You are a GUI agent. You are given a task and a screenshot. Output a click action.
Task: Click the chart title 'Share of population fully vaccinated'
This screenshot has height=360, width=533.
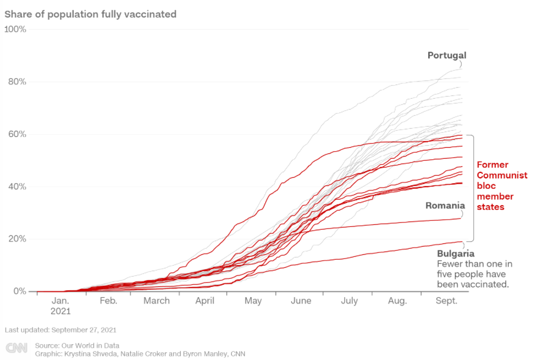[x=91, y=14]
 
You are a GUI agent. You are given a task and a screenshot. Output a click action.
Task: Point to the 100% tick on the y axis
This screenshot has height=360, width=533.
[x=15, y=29]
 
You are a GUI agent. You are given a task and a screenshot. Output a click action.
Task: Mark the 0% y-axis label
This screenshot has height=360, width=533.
[x=19, y=291]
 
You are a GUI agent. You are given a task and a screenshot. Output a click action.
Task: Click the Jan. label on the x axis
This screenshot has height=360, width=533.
[x=60, y=301]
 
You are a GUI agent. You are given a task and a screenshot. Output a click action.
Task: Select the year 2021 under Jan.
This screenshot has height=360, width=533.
[x=60, y=311]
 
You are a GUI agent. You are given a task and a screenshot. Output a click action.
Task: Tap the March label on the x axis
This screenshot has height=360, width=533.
[x=157, y=301]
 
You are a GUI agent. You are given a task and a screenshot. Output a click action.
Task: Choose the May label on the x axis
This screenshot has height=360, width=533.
[x=253, y=301]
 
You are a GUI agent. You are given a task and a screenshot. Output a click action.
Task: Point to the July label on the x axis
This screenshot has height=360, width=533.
[x=349, y=301]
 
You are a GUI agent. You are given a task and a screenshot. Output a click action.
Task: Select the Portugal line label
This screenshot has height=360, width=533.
[x=447, y=55]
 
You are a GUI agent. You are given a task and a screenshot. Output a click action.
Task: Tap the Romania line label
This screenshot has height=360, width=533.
[x=445, y=206]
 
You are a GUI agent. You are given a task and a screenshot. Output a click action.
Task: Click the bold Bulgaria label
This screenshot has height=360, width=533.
[x=456, y=254]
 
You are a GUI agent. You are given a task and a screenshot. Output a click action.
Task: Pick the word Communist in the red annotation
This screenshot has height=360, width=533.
[x=502, y=175]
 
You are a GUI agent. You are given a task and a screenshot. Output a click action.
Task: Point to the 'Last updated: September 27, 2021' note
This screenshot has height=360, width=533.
[x=61, y=330]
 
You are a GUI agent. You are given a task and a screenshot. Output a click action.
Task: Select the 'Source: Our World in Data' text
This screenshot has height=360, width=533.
[x=77, y=345]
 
